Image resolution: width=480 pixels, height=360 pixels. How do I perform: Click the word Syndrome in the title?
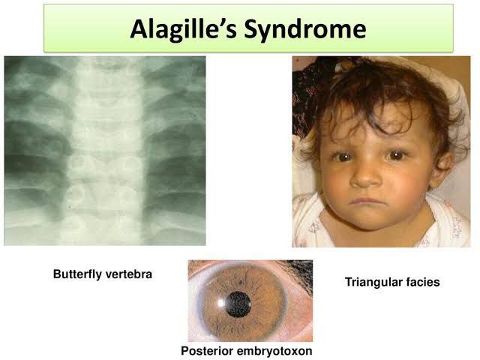(305, 30)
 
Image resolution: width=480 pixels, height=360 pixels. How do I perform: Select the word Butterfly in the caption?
(77, 274)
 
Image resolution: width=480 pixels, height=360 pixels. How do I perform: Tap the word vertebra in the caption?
(128, 274)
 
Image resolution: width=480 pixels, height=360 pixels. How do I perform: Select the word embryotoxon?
(274, 351)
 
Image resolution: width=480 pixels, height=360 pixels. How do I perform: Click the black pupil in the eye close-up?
(238, 304)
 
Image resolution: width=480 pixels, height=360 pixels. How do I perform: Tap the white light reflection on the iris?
(220, 303)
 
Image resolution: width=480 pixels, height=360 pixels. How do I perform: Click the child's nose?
(364, 178)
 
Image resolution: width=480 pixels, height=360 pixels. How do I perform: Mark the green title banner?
(248, 28)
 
